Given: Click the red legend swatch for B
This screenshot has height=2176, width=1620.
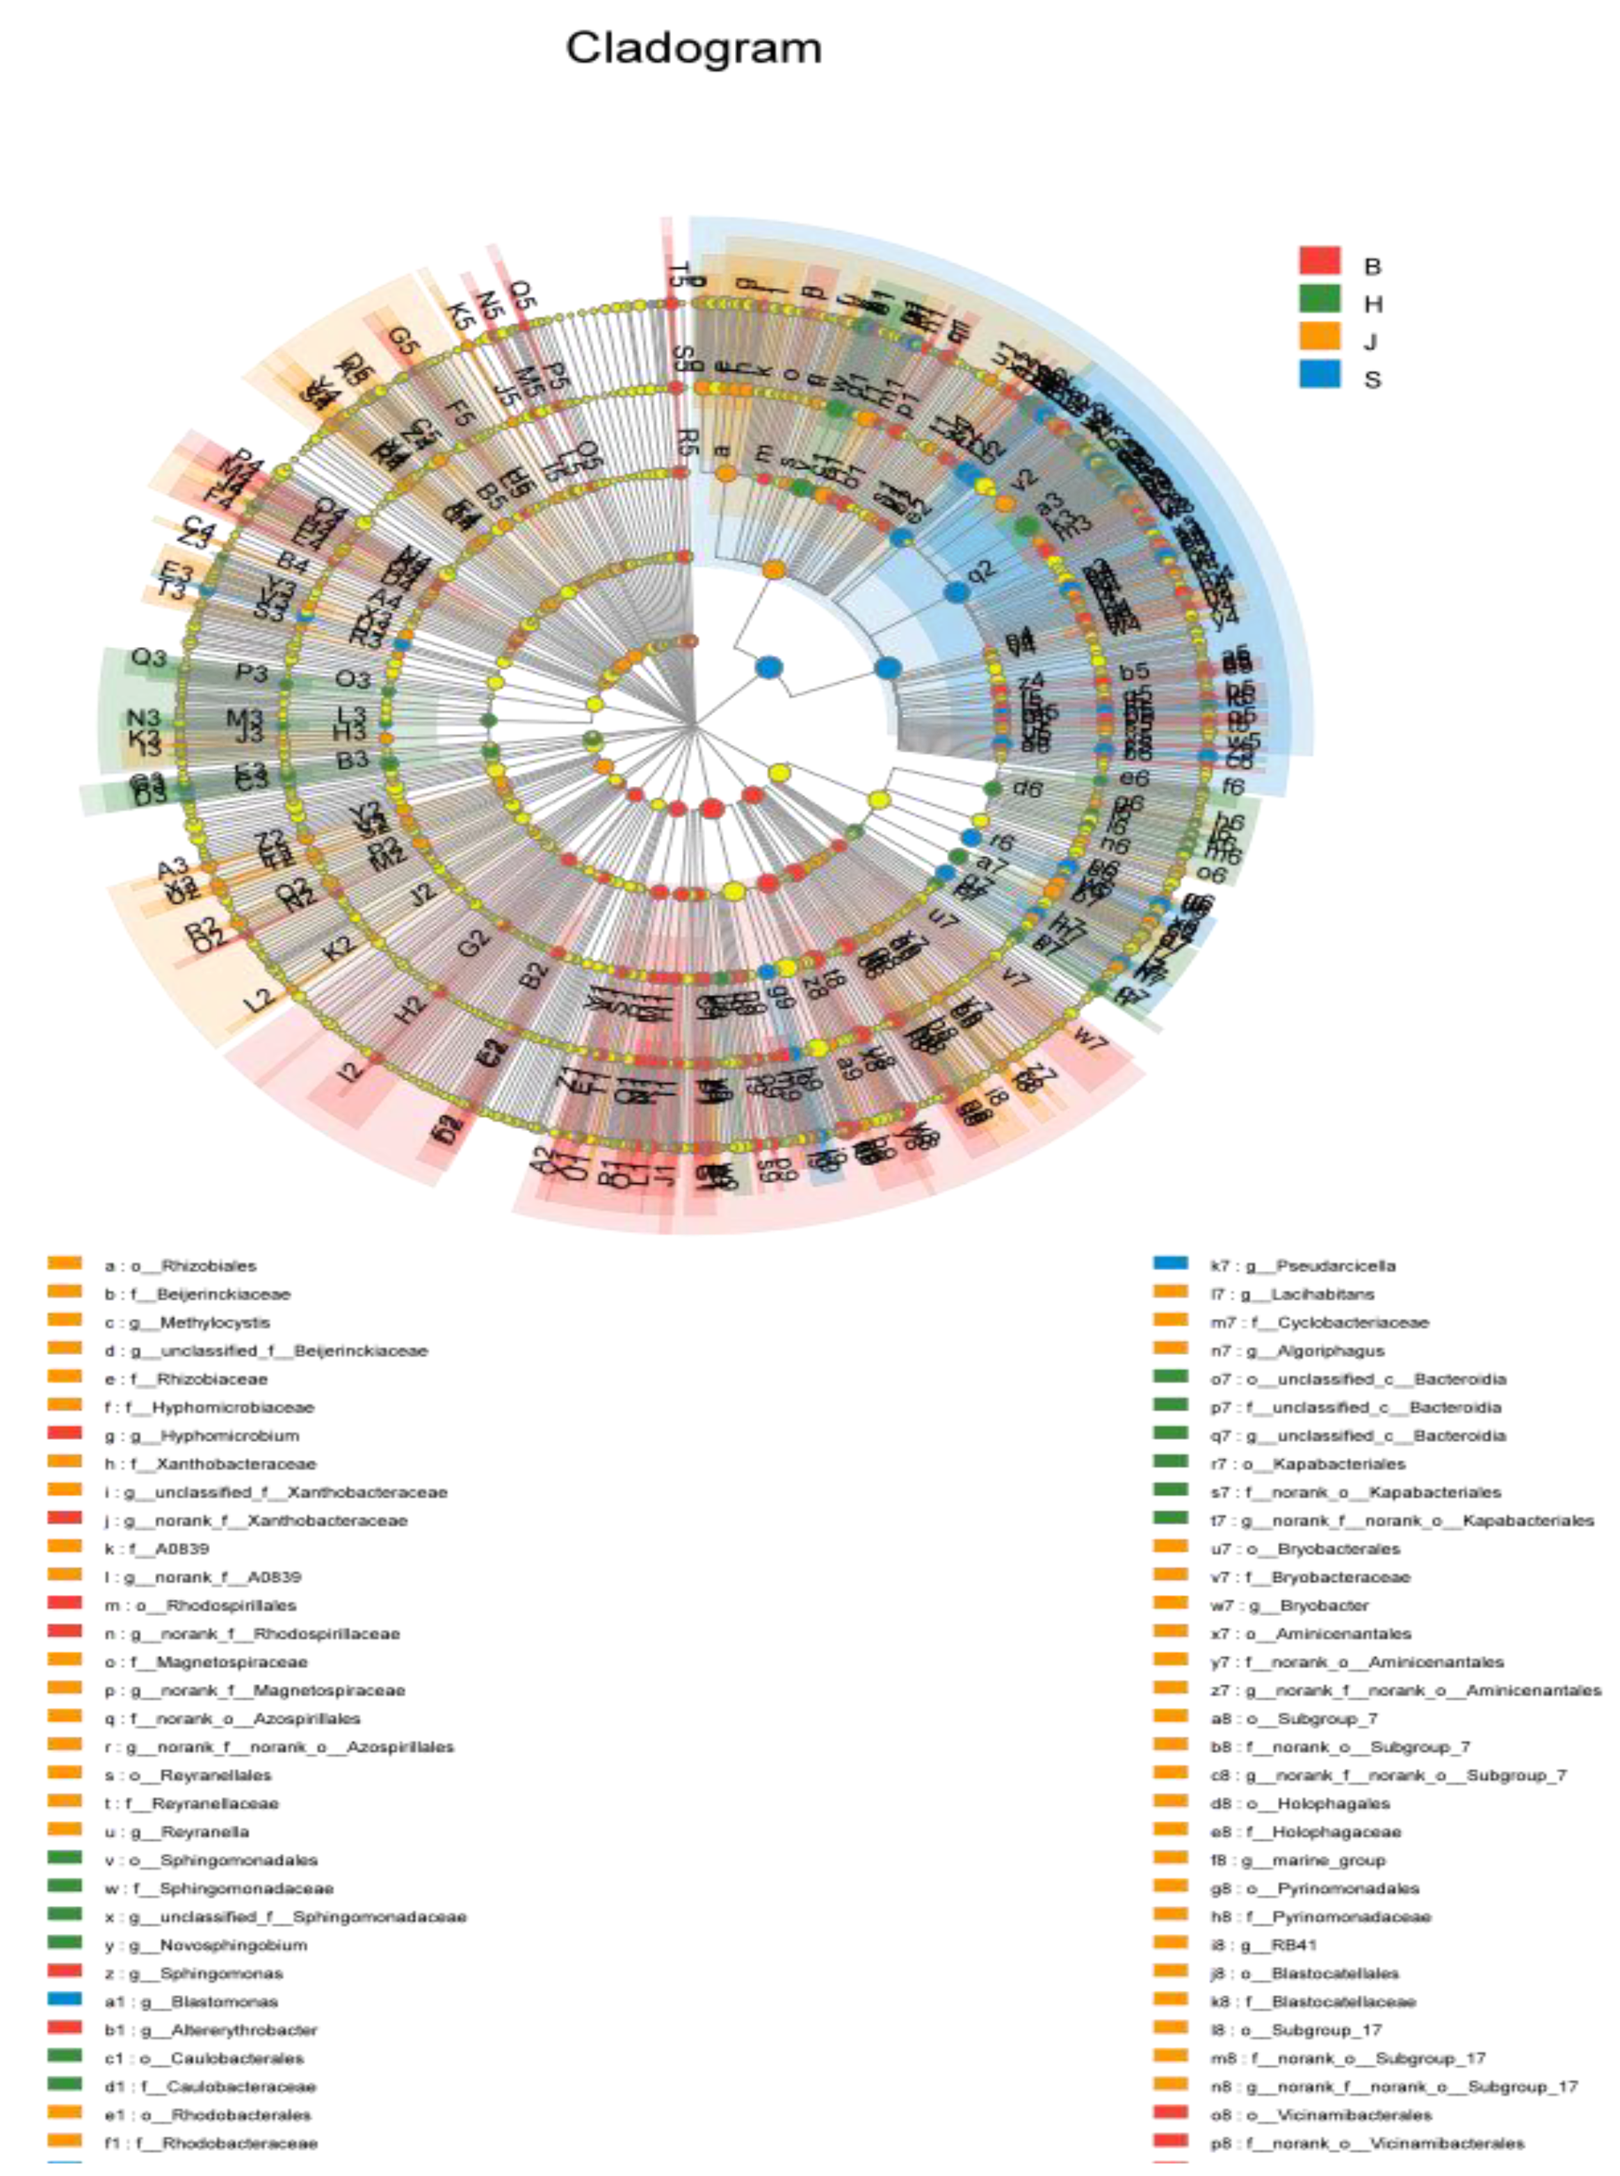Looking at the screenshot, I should point(1319,261).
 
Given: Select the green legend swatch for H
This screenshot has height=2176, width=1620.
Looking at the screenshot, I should point(1319,299).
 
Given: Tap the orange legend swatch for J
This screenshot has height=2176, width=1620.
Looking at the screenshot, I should point(1319,337).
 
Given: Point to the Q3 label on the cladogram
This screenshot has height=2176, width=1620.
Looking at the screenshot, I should point(149,657).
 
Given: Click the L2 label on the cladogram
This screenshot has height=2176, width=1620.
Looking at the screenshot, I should point(258,1000).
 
